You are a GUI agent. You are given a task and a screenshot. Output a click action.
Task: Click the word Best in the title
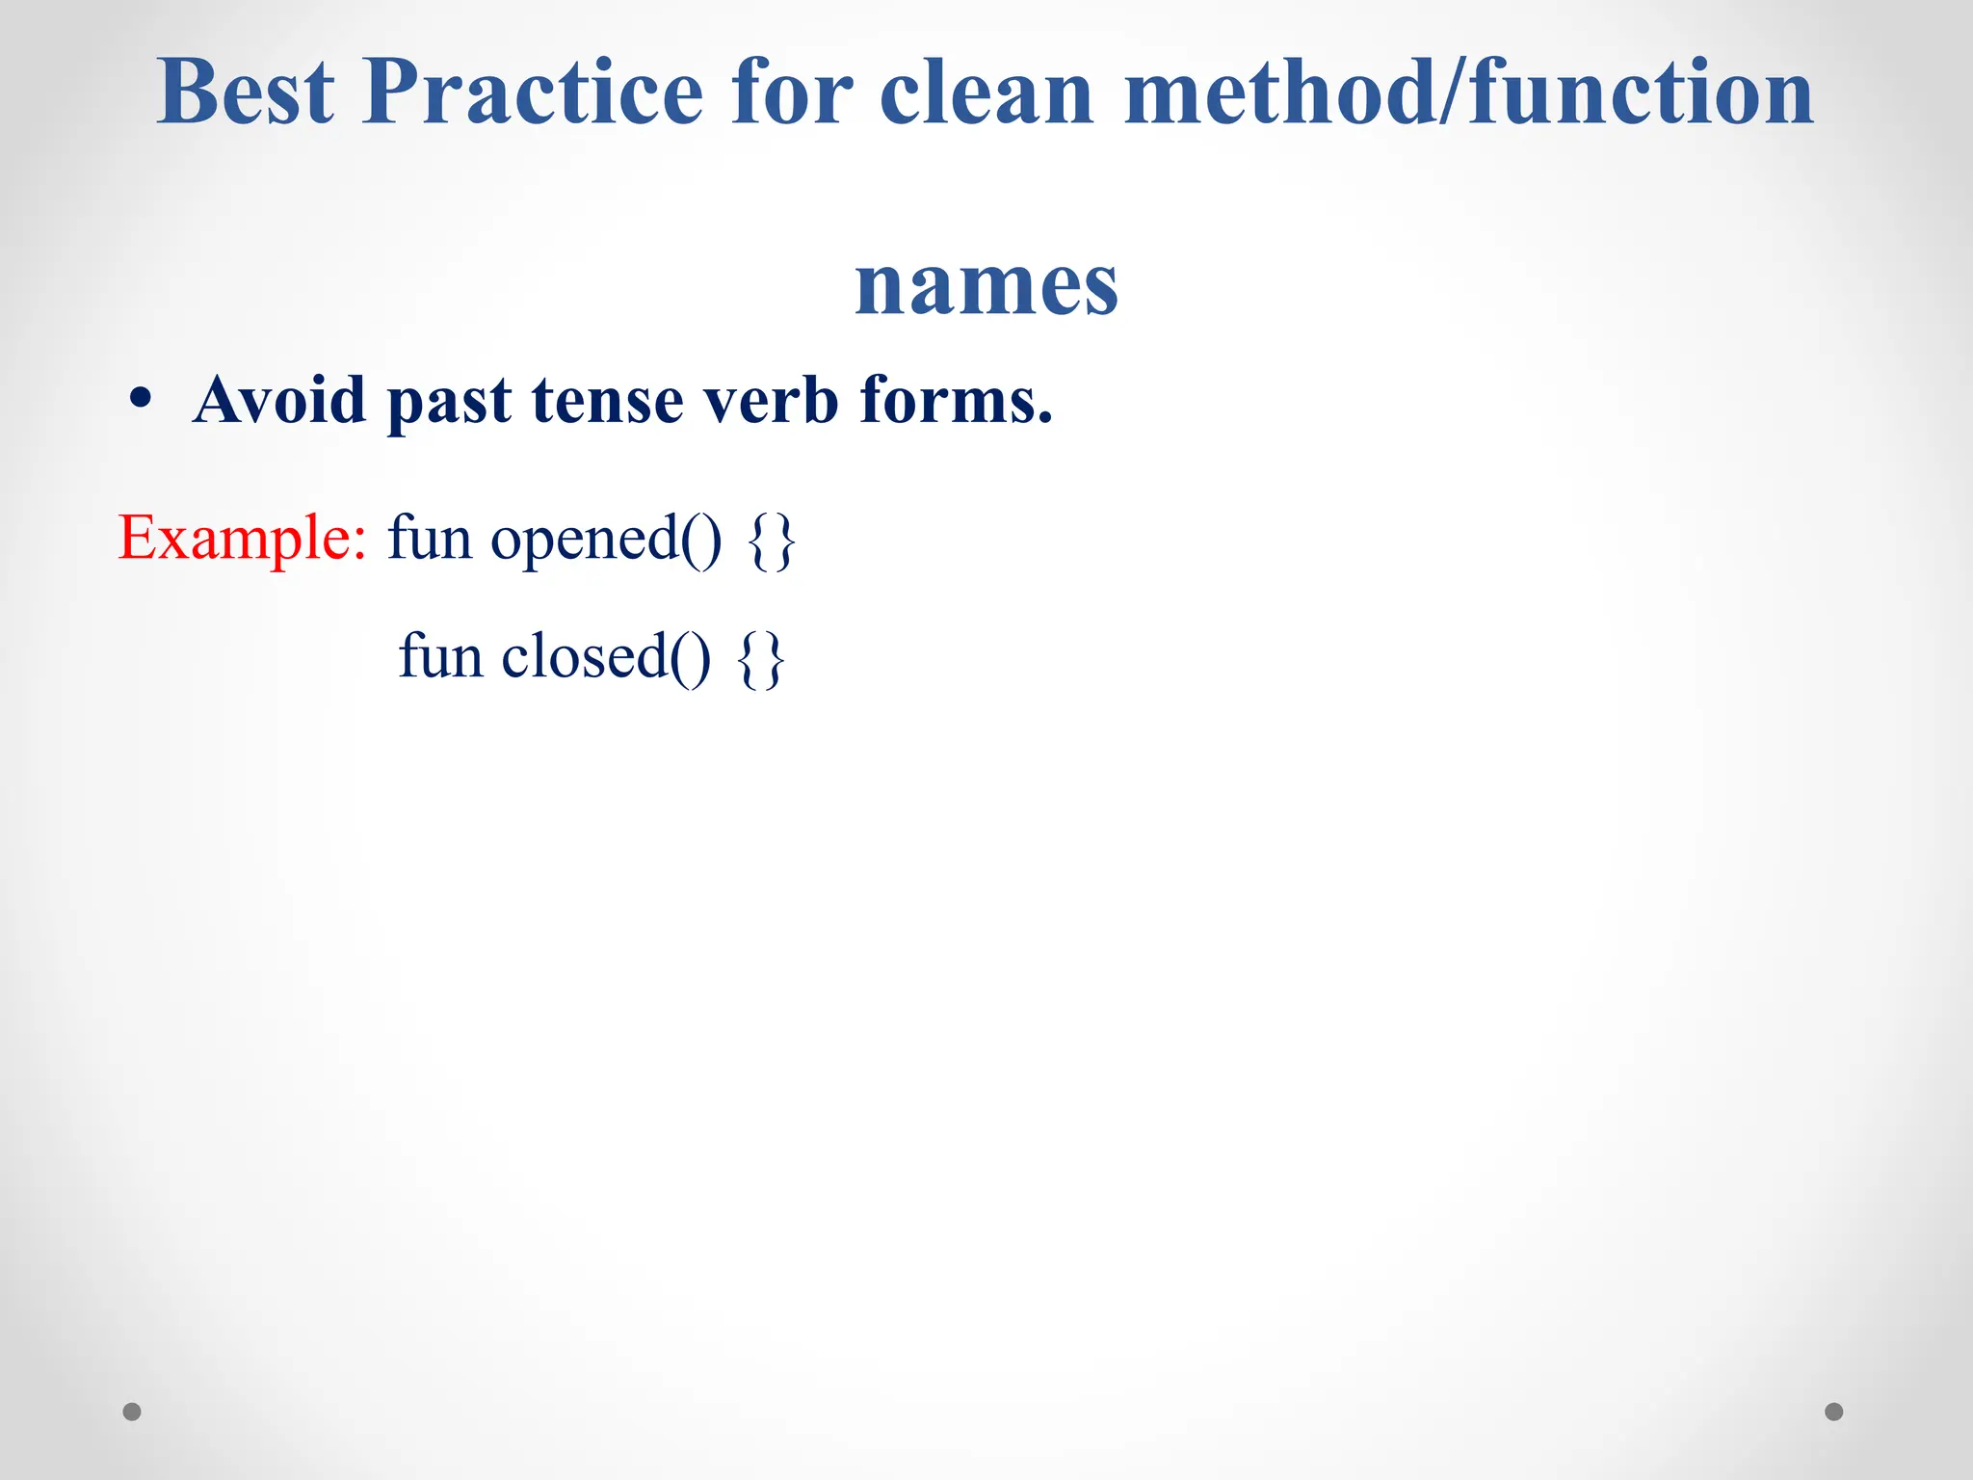tap(246, 92)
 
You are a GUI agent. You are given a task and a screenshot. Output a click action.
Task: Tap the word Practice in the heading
tap(533, 92)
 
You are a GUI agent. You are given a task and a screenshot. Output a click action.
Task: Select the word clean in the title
tap(986, 92)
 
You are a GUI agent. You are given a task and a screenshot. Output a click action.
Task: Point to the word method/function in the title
tap(1468, 92)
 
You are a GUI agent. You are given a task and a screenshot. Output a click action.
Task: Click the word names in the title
tap(986, 285)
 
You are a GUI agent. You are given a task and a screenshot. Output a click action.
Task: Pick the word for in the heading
tap(792, 92)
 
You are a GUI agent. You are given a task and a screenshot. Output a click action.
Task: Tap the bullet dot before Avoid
tap(141, 400)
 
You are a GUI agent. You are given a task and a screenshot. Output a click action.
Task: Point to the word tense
tap(607, 400)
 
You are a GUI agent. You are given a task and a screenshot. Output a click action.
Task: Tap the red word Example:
tap(242, 538)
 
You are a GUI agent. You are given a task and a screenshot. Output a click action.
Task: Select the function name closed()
tap(606, 658)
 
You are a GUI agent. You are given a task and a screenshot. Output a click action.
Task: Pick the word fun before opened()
tap(430, 538)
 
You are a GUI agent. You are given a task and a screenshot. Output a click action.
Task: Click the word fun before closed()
tap(440, 657)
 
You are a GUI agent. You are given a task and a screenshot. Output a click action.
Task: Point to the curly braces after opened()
tap(772, 542)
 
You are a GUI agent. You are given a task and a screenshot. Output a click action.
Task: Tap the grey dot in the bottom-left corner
tap(132, 1412)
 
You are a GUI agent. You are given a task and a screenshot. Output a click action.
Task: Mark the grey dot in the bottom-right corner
tap(1834, 1412)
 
